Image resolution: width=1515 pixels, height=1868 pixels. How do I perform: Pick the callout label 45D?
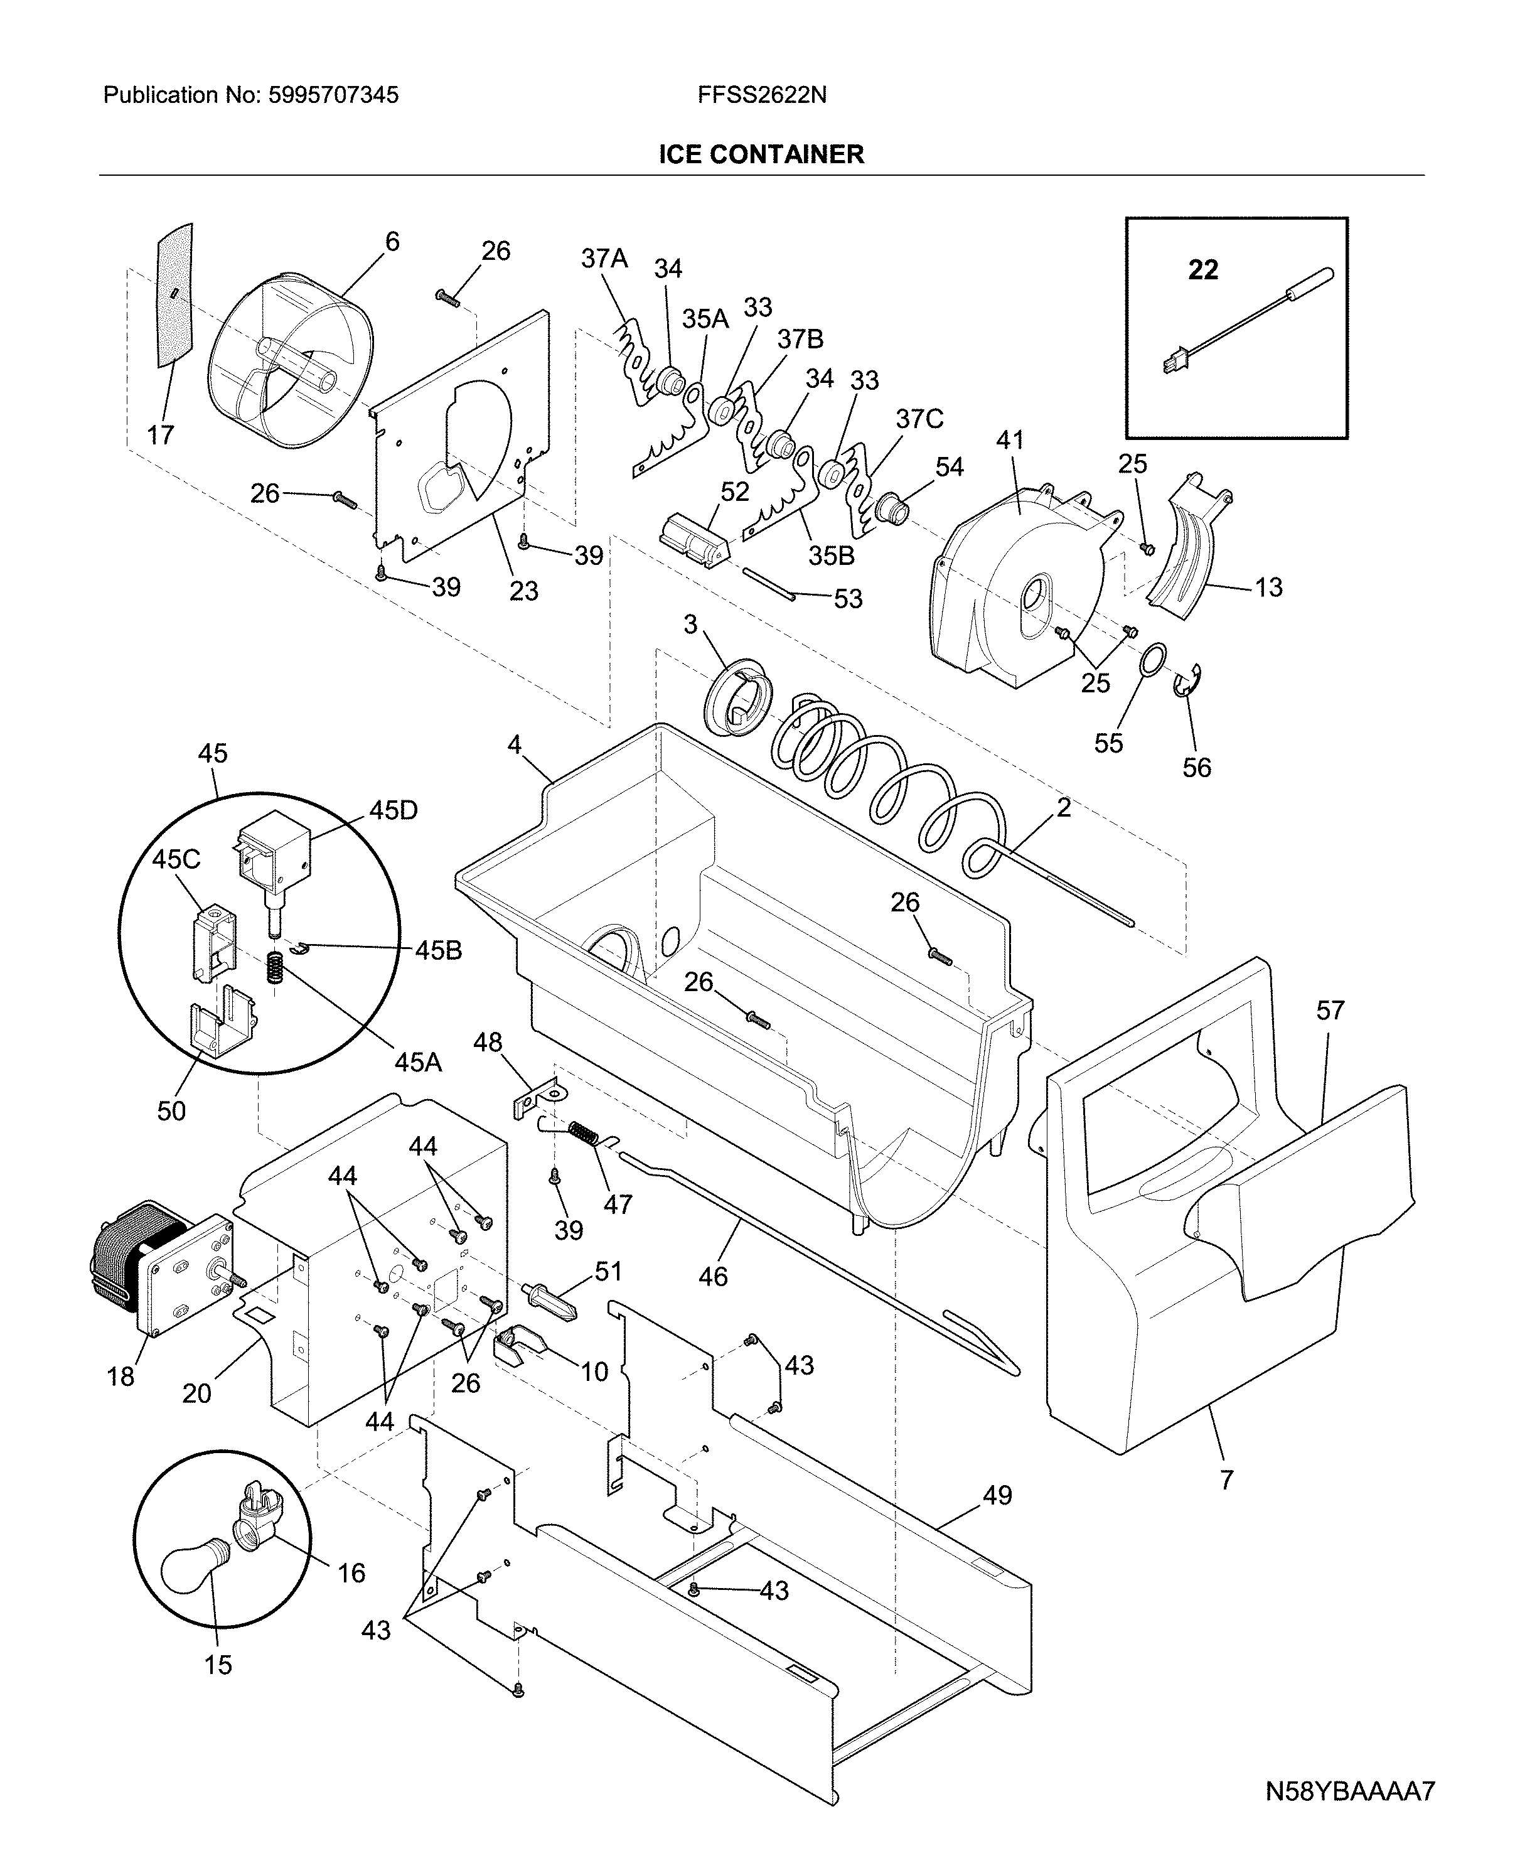click(393, 810)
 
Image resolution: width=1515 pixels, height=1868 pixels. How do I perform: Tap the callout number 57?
click(1330, 1010)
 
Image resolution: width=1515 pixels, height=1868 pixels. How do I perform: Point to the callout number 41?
click(1010, 440)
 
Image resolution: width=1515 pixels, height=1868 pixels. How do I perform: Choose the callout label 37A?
click(604, 259)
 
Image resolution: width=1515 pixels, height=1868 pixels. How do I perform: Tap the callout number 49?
click(997, 1495)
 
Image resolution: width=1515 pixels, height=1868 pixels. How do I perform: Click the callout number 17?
click(161, 435)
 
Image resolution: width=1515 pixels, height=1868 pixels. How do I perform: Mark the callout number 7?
click(1226, 1479)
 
